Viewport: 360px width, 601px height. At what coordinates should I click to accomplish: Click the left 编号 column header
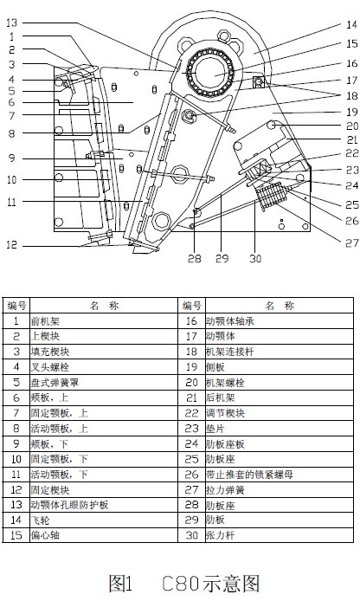(x=16, y=305)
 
